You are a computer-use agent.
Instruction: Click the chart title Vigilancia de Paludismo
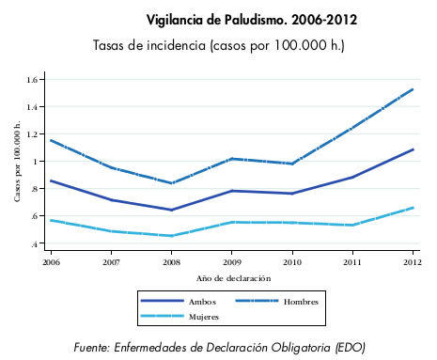tap(239, 19)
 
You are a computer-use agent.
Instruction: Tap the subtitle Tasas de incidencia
tap(218, 45)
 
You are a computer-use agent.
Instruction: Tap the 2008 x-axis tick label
tap(171, 259)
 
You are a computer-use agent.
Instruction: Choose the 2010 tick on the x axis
tap(292, 259)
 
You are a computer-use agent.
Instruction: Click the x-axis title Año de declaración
tap(233, 278)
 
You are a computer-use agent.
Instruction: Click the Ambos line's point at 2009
tap(232, 191)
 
